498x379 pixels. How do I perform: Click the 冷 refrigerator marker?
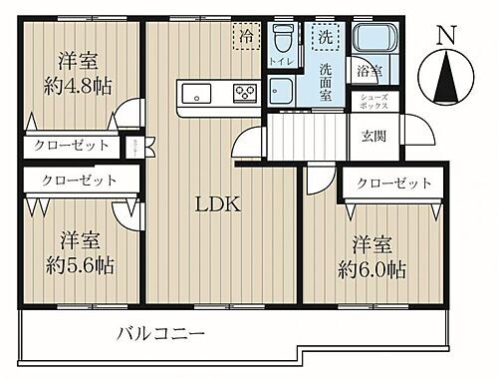(245, 35)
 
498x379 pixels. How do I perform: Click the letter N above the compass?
(447, 34)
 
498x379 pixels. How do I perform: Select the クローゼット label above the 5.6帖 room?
(77, 181)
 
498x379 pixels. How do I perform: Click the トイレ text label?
(281, 61)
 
